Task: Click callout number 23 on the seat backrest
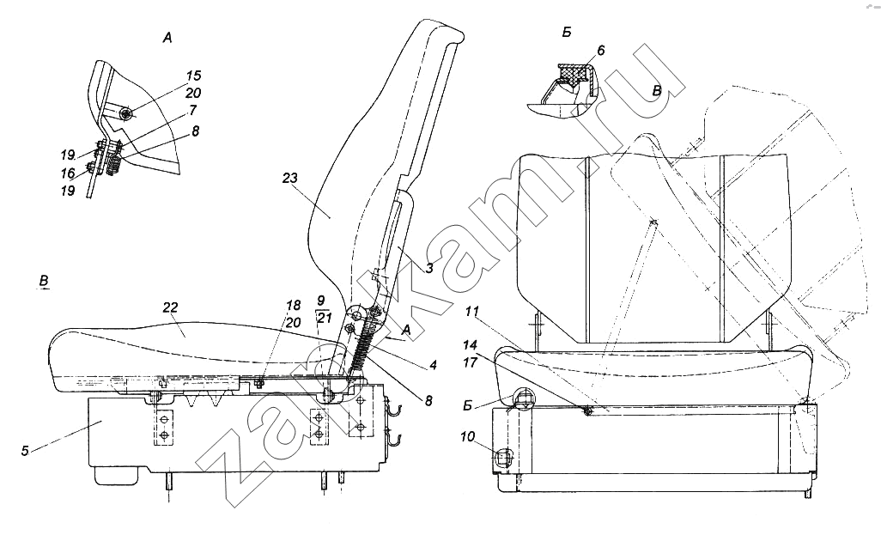click(290, 179)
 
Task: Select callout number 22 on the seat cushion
click(170, 307)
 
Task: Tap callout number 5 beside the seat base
click(25, 451)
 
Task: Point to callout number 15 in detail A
click(193, 76)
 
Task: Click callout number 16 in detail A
click(68, 173)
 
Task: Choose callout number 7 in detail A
click(192, 111)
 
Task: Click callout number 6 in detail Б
click(600, 51)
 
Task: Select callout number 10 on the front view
click(468, 436)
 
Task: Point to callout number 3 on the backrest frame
click(429, 268)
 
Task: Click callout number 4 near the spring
click(433, 365)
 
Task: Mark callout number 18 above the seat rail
click(294, 305)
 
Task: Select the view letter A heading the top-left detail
click(167, 38)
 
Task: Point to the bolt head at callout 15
click(127, 114)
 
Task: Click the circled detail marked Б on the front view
click(524, 400)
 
